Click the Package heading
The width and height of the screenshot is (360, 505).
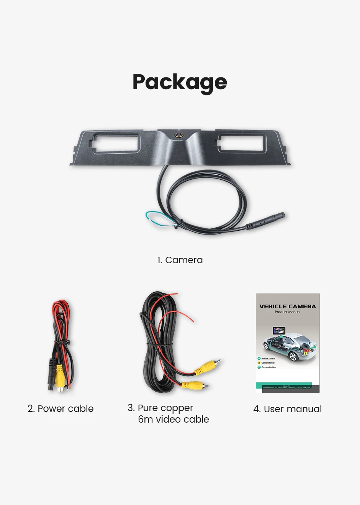(x=180, y=82)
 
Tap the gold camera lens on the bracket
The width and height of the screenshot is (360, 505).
(x=179, y=135)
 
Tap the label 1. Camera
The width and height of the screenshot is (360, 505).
(x=180, y=260)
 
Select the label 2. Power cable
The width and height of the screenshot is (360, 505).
(x=61, y=408)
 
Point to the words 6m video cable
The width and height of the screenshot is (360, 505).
(x=173, y=419)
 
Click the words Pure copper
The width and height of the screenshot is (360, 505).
(x=165, y=408)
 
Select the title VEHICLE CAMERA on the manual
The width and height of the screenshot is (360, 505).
(x=288, y=307)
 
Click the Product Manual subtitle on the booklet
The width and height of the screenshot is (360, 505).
(x=288, y=312)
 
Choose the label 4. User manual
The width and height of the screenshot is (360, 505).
(x=288, y=409)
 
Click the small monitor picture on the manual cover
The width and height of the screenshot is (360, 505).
(x=277, y=331)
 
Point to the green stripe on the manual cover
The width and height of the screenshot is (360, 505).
(x=283, y=384)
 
